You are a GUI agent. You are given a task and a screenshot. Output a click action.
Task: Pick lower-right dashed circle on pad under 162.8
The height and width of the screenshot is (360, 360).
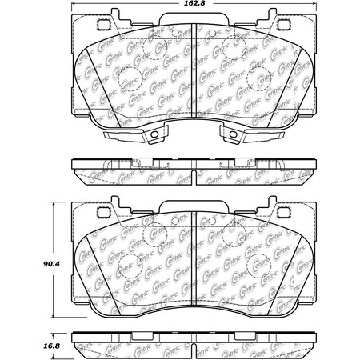(261, 78)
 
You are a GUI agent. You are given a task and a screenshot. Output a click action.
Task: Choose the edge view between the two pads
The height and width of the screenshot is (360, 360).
(197, 169)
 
